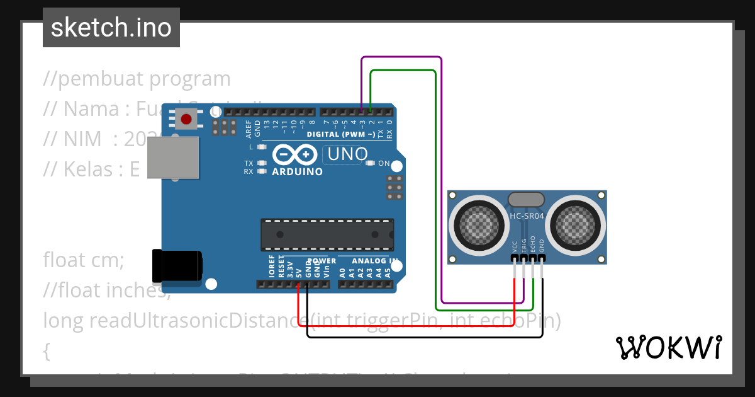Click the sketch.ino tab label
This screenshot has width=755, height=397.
pyautogui.click(x=111, y=28)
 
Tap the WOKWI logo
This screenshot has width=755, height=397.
pyautogui.click(x=668, y=347)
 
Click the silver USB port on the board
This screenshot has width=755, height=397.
pyautogui.click(x=173, y=158)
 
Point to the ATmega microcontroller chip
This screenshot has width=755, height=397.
pyautogui.click(x=327, y=234)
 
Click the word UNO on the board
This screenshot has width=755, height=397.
pyautogui.click(x=345, y=154)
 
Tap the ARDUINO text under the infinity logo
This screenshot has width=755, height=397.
pyautogui.click(x=297, y=171)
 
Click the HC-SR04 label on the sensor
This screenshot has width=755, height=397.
pyautogui.click(x=527, y=216)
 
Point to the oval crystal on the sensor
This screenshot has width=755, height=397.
pyautogui.click(x=526, y=200)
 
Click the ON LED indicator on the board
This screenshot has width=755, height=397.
pyautogui.click(x=370, y=163)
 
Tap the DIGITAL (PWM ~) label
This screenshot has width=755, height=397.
pyautogui.click(x=340, y=134)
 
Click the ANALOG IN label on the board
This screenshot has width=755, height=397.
pyautogui.click(x=375, y=260)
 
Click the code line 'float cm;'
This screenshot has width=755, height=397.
pyautogui.click(x=84, y=259)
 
